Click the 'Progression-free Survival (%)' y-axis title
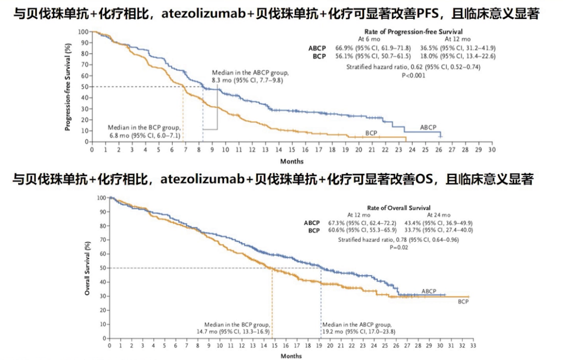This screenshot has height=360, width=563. point(68,86)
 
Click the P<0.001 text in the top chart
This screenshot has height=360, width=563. point(413,75)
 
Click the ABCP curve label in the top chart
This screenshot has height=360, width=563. point(427,127)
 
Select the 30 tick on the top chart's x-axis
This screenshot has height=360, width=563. point(491,150)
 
